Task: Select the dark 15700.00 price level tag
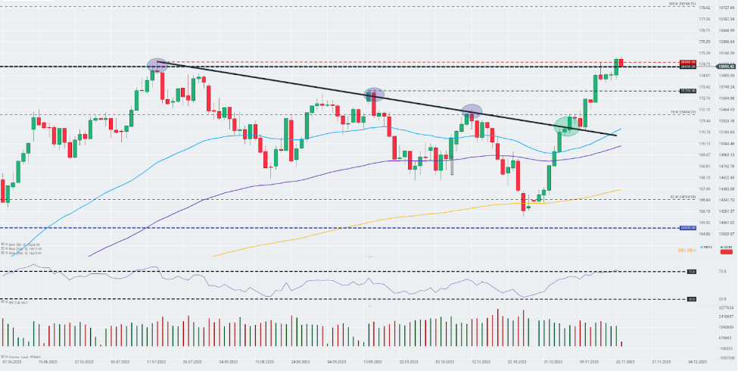[687, 91]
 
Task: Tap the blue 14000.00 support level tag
[687, 227]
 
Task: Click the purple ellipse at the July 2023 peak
[157, 64]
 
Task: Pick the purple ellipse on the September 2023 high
[374, 94]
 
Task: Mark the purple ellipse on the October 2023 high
[472, 111]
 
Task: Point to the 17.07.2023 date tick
[156, 363]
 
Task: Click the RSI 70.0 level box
[691, 271]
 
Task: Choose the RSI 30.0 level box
[691, 299]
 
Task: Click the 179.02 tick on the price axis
[704, 8]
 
